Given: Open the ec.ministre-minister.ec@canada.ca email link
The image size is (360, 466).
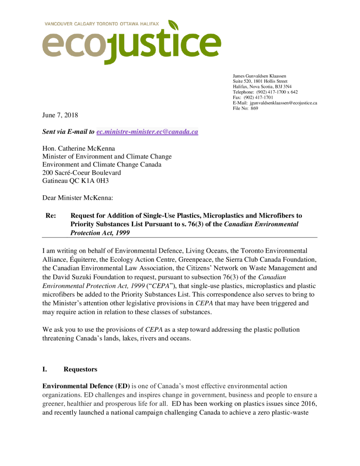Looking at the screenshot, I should pos(147,132).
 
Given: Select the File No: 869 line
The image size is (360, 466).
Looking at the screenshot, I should pos(245,108).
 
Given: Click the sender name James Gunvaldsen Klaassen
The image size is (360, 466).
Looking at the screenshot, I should pos(259,76).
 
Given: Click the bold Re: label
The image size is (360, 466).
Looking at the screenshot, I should pos(51,215).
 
